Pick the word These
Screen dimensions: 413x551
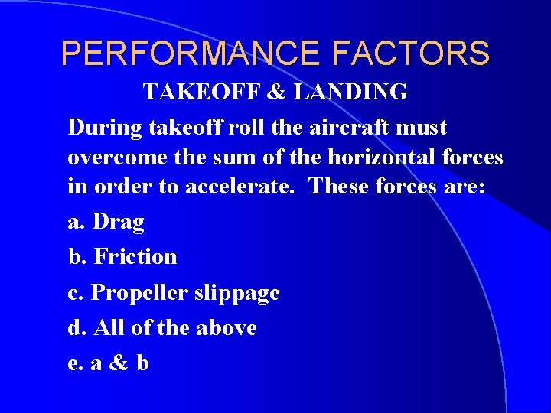pos(340,188)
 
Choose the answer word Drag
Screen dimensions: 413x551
pos(118,223)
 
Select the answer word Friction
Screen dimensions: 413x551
pos(135,257)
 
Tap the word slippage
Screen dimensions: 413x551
pos(236,293)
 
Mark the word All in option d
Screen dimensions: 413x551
pos(109,328)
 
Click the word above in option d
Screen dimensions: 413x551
pos(226,328)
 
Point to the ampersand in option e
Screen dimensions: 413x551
pos(119,363)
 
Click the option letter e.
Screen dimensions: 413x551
pos(73,364)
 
